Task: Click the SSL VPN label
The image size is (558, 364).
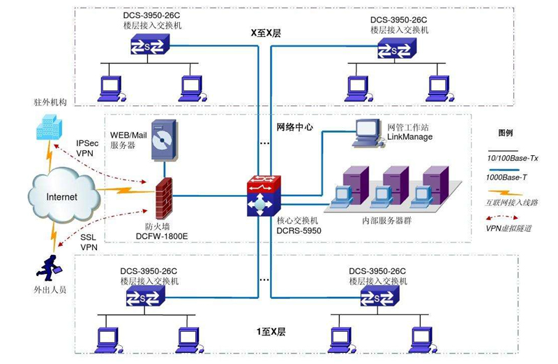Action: click(x=89, y=242)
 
